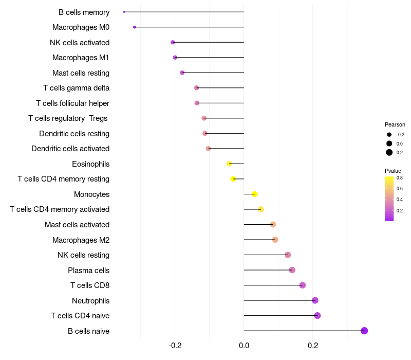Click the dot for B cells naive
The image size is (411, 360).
[364, 331]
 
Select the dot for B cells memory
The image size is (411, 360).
[124, 12]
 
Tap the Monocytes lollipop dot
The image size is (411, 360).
[255, 194]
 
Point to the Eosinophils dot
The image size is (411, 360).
[229, 164]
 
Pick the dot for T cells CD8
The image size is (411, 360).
[303, 285]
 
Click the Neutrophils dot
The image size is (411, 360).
[315, 300]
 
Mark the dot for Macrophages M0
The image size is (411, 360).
[135, 27]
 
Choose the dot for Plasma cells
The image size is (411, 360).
[292, 270]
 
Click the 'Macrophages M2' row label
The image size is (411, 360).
[81, 240]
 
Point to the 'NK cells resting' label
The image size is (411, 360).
[83, 255]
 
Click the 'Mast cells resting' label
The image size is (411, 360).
[81, 73]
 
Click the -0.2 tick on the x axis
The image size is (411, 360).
[175, 346]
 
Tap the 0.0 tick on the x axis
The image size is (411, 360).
[244, 346]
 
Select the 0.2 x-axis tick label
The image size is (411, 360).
[313, 346]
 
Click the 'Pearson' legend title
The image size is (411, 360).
[395, 124]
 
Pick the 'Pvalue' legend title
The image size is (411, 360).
[393, 171]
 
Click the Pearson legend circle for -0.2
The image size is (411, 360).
[389, 135]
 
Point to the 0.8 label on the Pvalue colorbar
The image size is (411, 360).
[400, 178]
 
